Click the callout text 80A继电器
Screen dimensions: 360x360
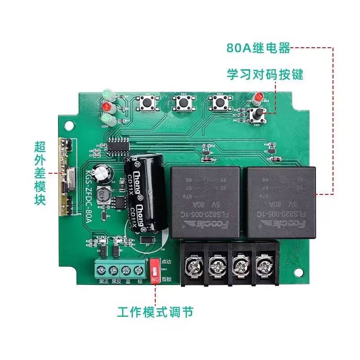coord(259,48)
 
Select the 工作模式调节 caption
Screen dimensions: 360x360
coord(156,311)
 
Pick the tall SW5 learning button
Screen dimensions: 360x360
coord(257,115)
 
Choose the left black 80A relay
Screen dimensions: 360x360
coord(205,202)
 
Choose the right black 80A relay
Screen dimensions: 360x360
coord(281,201)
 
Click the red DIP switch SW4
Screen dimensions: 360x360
coord(155,270)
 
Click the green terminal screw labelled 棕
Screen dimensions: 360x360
coord(139,270)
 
